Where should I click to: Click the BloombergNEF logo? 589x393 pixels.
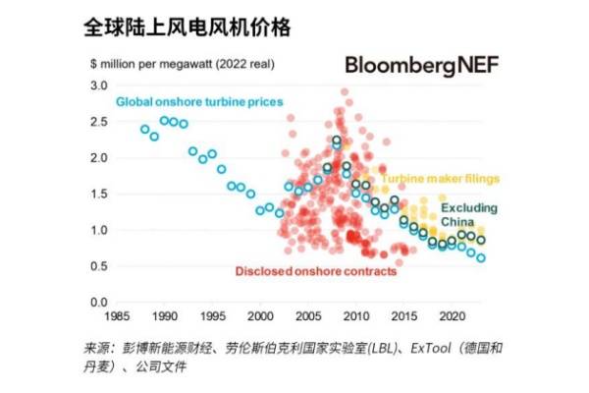(421, 66)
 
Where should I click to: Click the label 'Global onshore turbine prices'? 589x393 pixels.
(199, 102)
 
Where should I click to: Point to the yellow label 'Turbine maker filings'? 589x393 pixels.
(440, 179)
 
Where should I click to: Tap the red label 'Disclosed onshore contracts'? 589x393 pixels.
(315, 270)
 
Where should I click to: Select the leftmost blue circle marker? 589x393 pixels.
(145, 129)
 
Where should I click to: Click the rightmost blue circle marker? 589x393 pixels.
(481, 258)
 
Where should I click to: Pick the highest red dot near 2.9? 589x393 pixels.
(344, 92)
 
